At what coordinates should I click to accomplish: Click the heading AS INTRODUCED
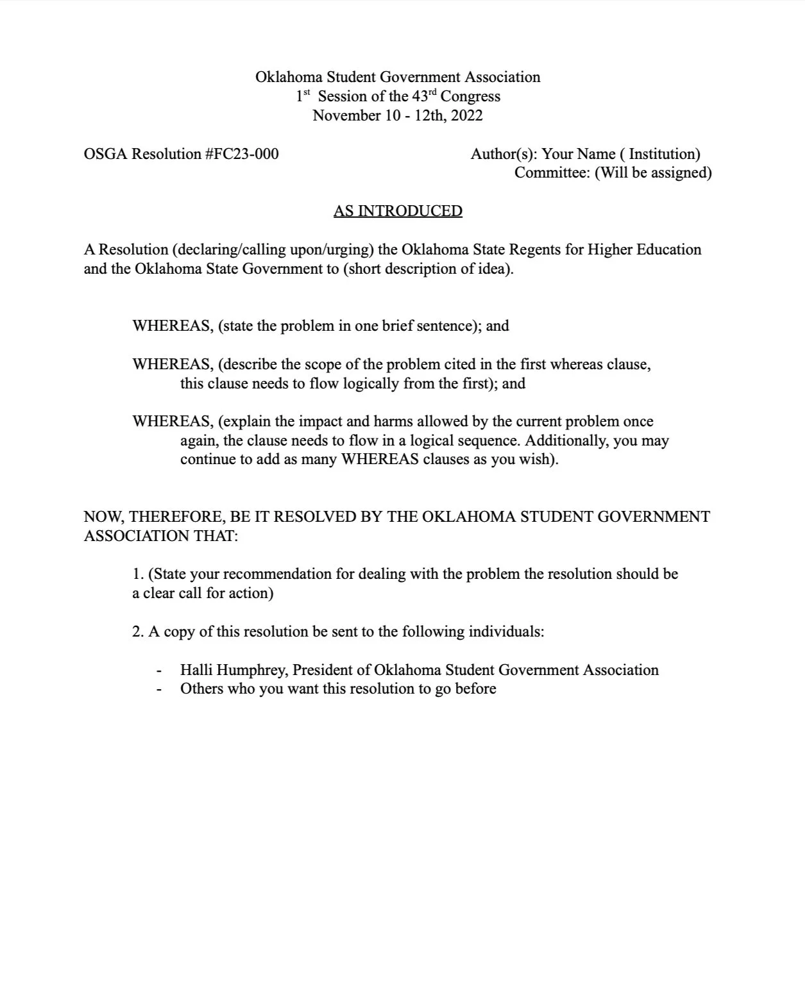(x=398, y=211)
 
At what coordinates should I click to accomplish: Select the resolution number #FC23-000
(x=242, y=154)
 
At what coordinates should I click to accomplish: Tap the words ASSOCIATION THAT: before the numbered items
(x=161, y=536)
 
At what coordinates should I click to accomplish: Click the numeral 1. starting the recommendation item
(x=138, y=574)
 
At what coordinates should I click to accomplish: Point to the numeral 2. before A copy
(x=138, y=632)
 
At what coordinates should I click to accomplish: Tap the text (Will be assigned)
(x=653, y=172)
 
